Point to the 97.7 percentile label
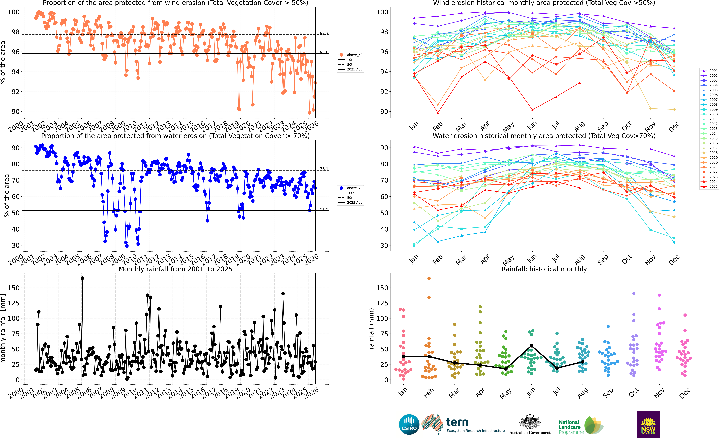click(324, 33)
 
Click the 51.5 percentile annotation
click(324, 209)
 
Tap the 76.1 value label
click(324, 169)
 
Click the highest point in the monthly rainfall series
click(82, 278)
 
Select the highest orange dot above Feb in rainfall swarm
click(429, 278)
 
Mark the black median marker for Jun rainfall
click(531, 346)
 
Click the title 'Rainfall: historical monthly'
click(544, 269)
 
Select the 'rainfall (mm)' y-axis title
click(371, 329)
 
